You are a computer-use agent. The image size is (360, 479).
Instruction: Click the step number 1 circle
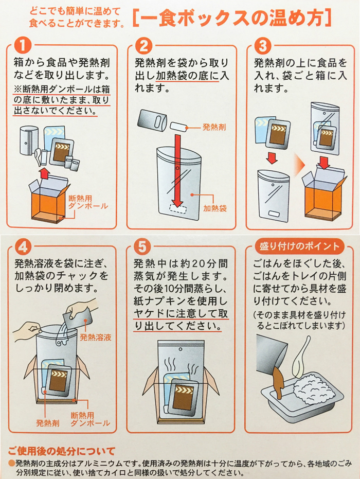[x=23, y=45]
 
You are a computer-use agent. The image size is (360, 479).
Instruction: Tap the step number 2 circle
[x=143, y=45]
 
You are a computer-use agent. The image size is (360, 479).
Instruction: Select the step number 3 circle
[x=262, y=45]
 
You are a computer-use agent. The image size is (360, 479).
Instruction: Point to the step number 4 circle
[x=23, y=246]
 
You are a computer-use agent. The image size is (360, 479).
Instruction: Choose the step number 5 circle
[x=142, y=246]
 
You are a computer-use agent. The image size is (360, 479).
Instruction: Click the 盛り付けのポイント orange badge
[x=299, y=246]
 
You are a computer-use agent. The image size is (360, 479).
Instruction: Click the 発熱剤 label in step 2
[x=214, y=127]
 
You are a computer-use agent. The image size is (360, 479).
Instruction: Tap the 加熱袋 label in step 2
[x=215, y=208]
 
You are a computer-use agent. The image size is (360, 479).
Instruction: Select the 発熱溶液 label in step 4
[x=95, y=338]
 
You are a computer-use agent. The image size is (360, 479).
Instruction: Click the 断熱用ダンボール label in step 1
[x=88, y=202]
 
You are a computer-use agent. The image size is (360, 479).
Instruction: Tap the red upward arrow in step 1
[x=45, y=174]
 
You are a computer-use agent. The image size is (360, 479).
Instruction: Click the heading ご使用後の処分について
[x=61, y=451]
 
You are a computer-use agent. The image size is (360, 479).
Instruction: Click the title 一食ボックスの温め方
[x=232, y=19]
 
